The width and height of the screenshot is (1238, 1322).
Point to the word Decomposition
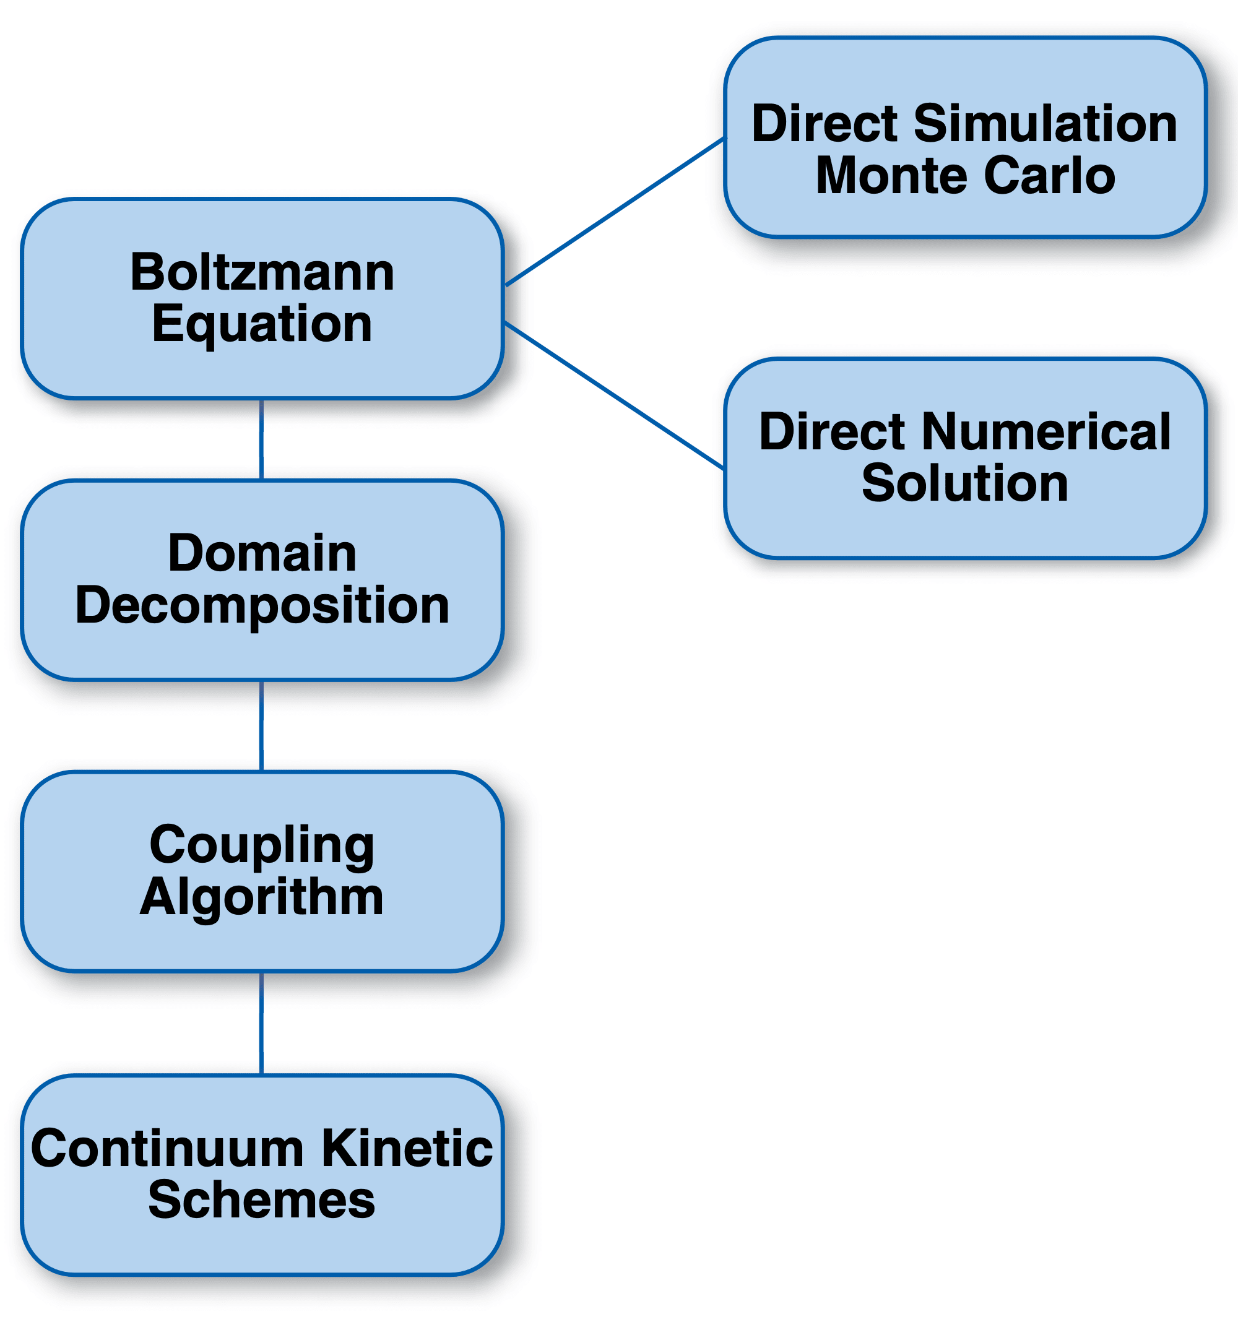click(262, 606)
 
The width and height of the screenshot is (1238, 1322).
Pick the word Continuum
click(167, 1149)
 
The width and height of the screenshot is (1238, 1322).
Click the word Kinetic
click(407, 1149)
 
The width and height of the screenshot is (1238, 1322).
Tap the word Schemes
click(261, 1200)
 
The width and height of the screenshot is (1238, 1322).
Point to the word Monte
click(892, 176)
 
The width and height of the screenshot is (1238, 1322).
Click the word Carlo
click(1049, 176)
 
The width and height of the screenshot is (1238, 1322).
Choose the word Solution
click(964, 483)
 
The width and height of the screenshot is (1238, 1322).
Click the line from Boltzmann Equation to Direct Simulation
click(615, 212)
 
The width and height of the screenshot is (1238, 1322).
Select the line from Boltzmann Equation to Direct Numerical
click(615, 395)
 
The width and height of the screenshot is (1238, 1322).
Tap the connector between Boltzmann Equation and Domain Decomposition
click(261, 439)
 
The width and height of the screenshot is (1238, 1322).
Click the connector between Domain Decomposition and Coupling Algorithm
click(261, 725)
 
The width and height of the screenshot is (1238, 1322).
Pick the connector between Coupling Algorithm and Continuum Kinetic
click(261, 1022)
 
